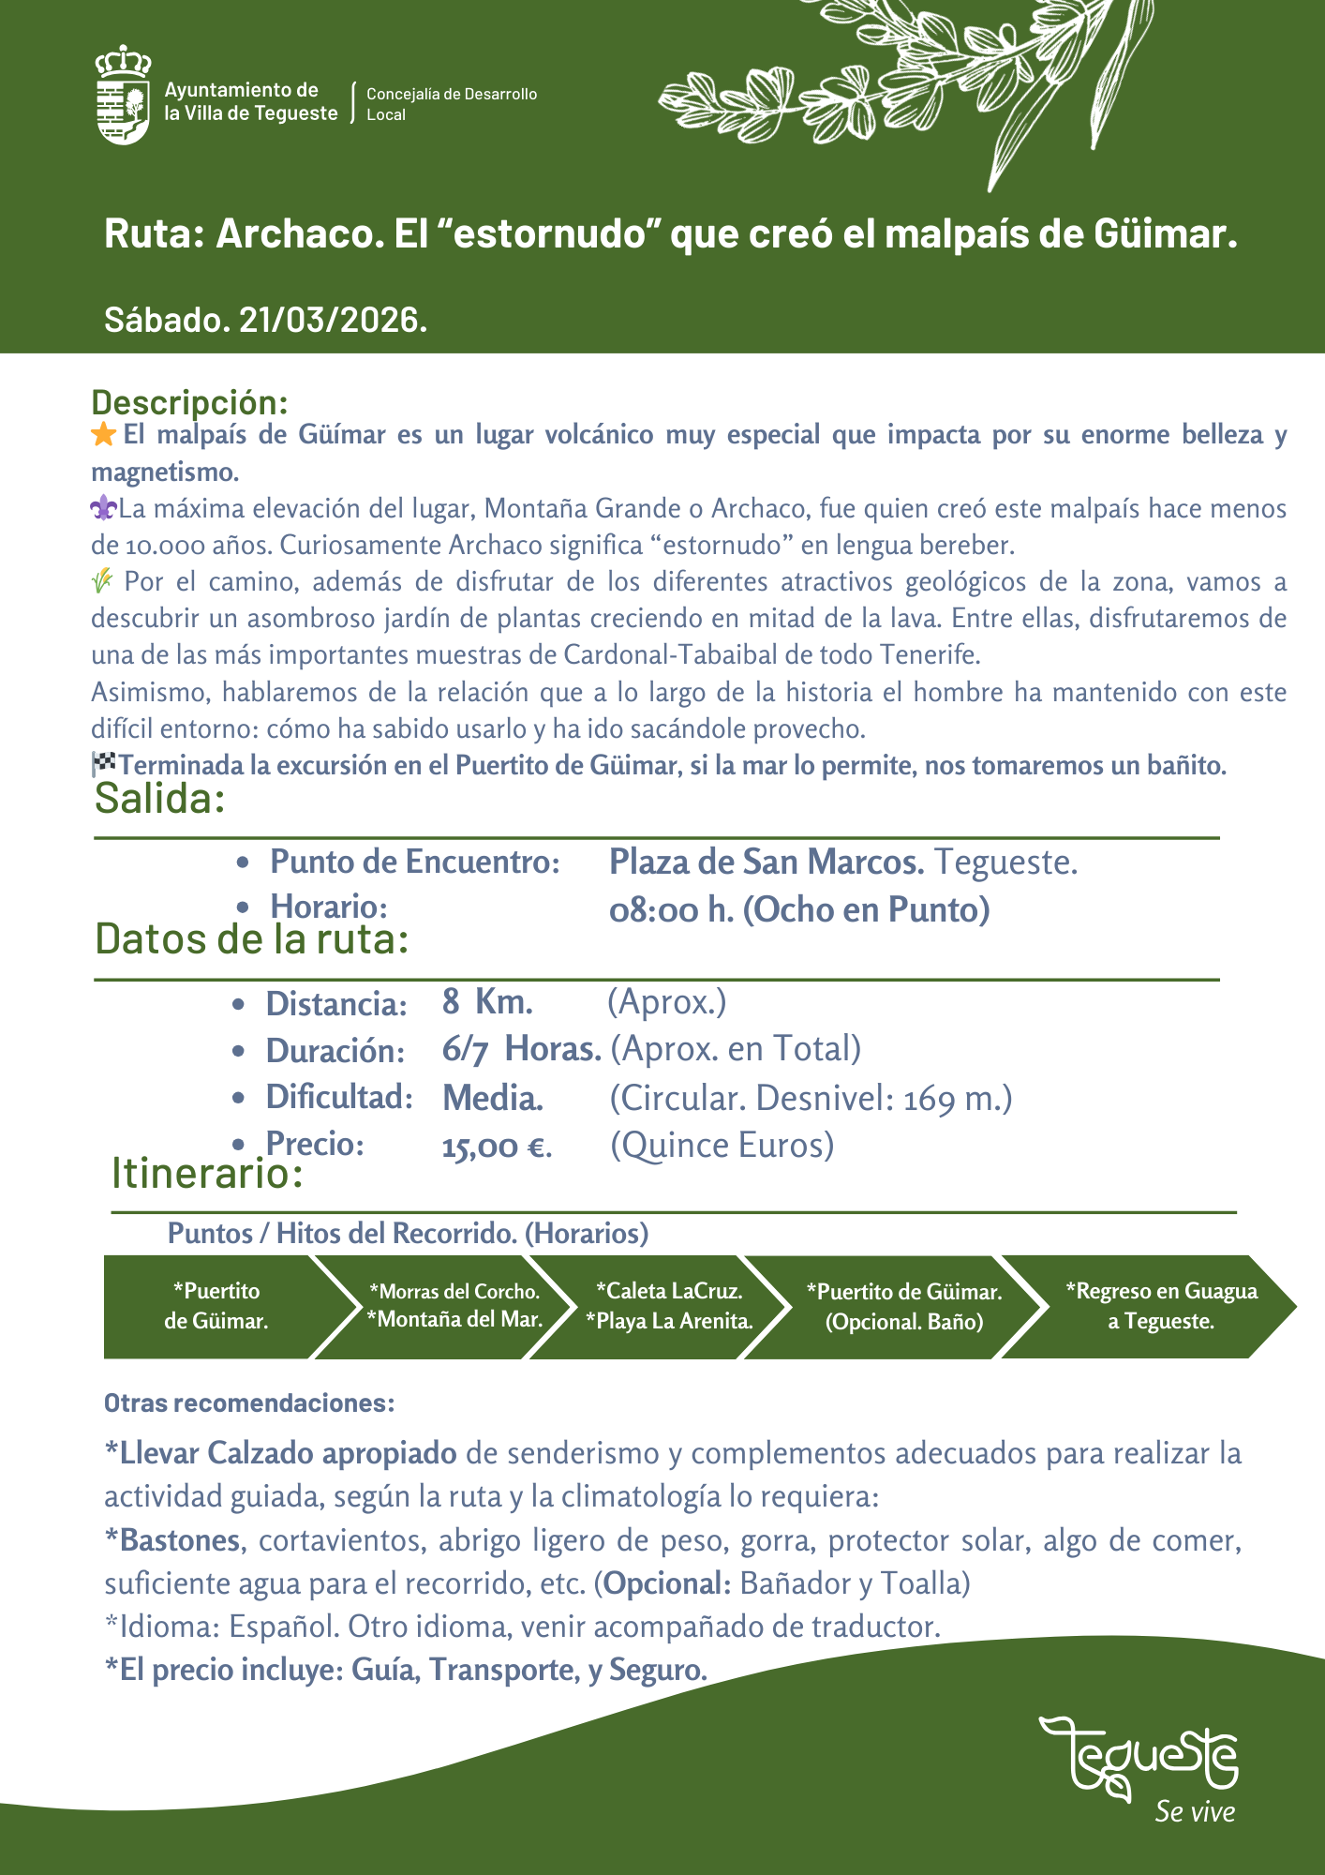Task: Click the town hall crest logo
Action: pyautogui.click(x=123, y=95)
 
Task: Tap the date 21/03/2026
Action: pyautogui.click(x=333, y=320)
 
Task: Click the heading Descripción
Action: pyautogui.click(x=189, y=402)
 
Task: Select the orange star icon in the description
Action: pyautogui.click(x=104, y=435)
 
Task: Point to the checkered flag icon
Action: pyautogui.click(x=103, y=764)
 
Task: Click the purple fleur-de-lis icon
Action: pyautogui.click(x=103, y=509)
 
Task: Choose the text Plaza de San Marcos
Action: pyautogui.click(x=767, y=862)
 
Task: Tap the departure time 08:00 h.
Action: pyautogui.click(x=671, y=909)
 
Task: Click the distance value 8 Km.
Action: pyautogui.click(x=487, y=1002)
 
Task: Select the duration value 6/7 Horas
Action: pyautogui.click(x=521, y=1049)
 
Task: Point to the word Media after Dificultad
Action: pyautogui.click(x=492, y=1097)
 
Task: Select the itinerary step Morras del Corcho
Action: pyautogui.click(x=454, y=1292)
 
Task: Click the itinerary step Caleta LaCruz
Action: pyautogui.click(x=669, y=1291)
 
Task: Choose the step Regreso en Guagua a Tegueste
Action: pyautogui.click(x=1161, y=1306)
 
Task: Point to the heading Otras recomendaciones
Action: pyautogui.click(x=249, y=1403)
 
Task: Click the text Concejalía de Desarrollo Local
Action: pyautogui.click(x=451, y=104)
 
